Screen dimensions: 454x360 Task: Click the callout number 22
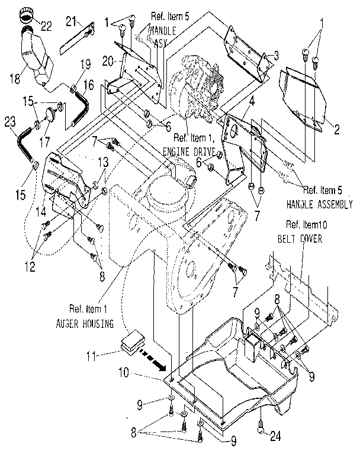[x=46, y=25]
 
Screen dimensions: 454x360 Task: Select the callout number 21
[x=72, y=22]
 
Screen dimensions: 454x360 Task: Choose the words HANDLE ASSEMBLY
[x=317, y=204]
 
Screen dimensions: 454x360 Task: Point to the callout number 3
[x=276, y=56]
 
